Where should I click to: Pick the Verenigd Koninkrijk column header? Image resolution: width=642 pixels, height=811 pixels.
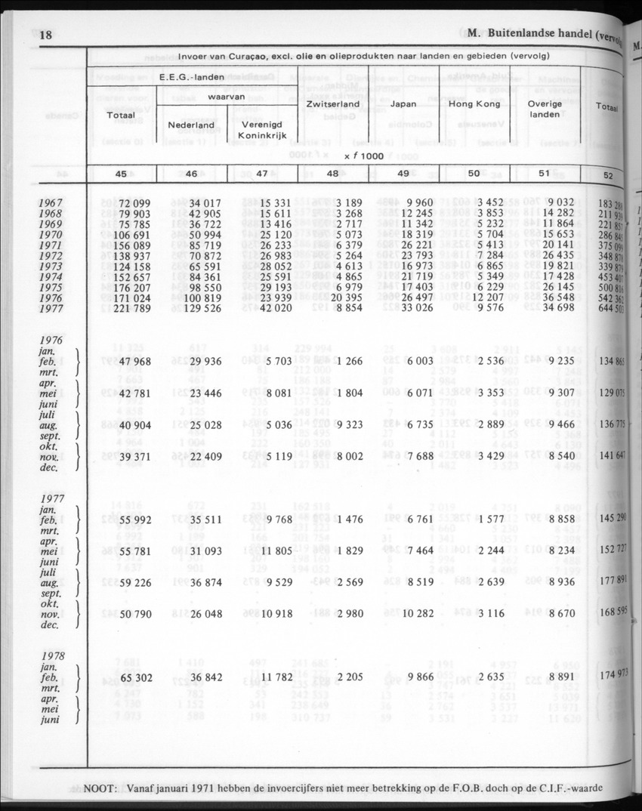coord(262,129)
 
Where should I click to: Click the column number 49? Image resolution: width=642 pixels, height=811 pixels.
coord(403,174)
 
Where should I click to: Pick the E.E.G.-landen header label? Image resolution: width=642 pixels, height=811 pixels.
coord(190,77)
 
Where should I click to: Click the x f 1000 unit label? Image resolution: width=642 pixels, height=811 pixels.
coord(363,156)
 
